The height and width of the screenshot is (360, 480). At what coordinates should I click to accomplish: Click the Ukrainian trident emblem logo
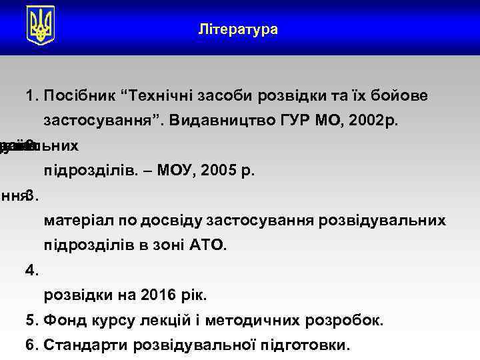click(x=41, y=26)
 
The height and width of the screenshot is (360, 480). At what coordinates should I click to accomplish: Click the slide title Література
click(x=239, y=30)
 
